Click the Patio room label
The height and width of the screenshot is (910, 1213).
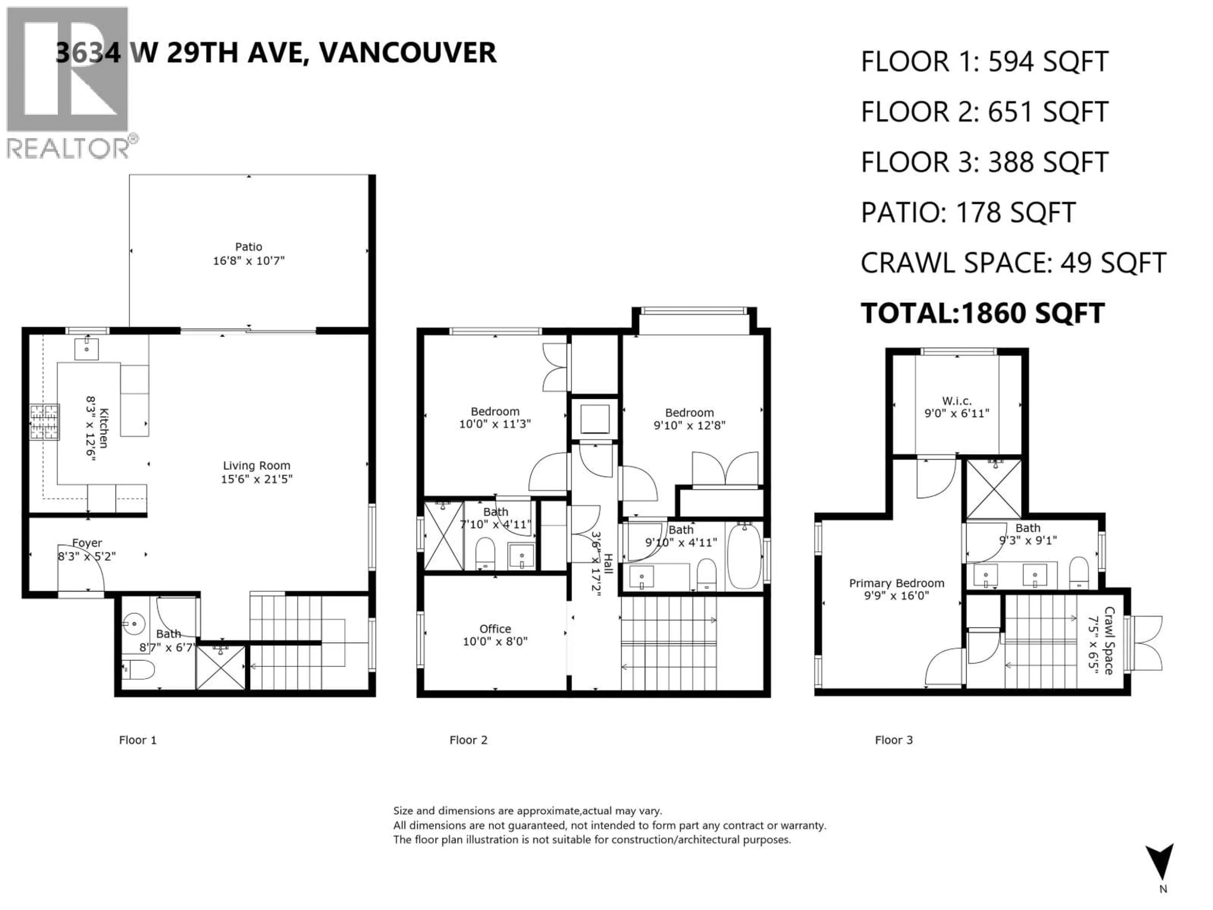248,247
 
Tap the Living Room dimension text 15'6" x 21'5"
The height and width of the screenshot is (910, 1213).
256,479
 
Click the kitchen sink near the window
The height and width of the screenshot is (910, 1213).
86,349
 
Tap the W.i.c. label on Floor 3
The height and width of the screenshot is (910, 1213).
957,401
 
